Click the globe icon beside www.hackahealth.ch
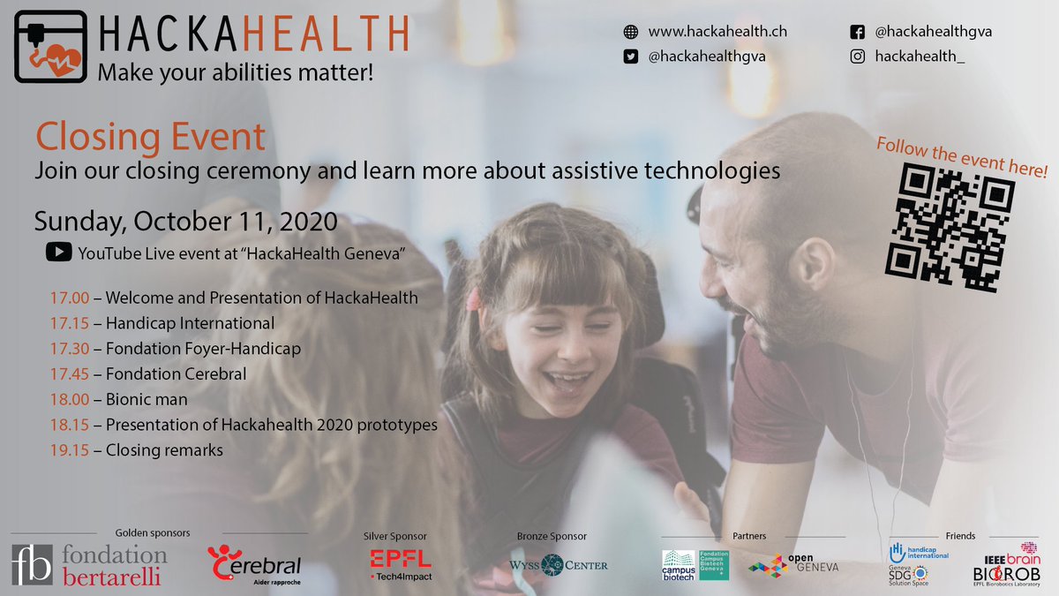(631, 32)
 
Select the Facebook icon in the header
(856, 32)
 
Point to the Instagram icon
(856, 57)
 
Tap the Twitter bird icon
(631, 57)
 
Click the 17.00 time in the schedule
(69, 298)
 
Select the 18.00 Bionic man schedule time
(69, 399)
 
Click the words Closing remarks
(164, 450)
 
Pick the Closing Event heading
(150, 138)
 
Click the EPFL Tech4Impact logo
(401, 565)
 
